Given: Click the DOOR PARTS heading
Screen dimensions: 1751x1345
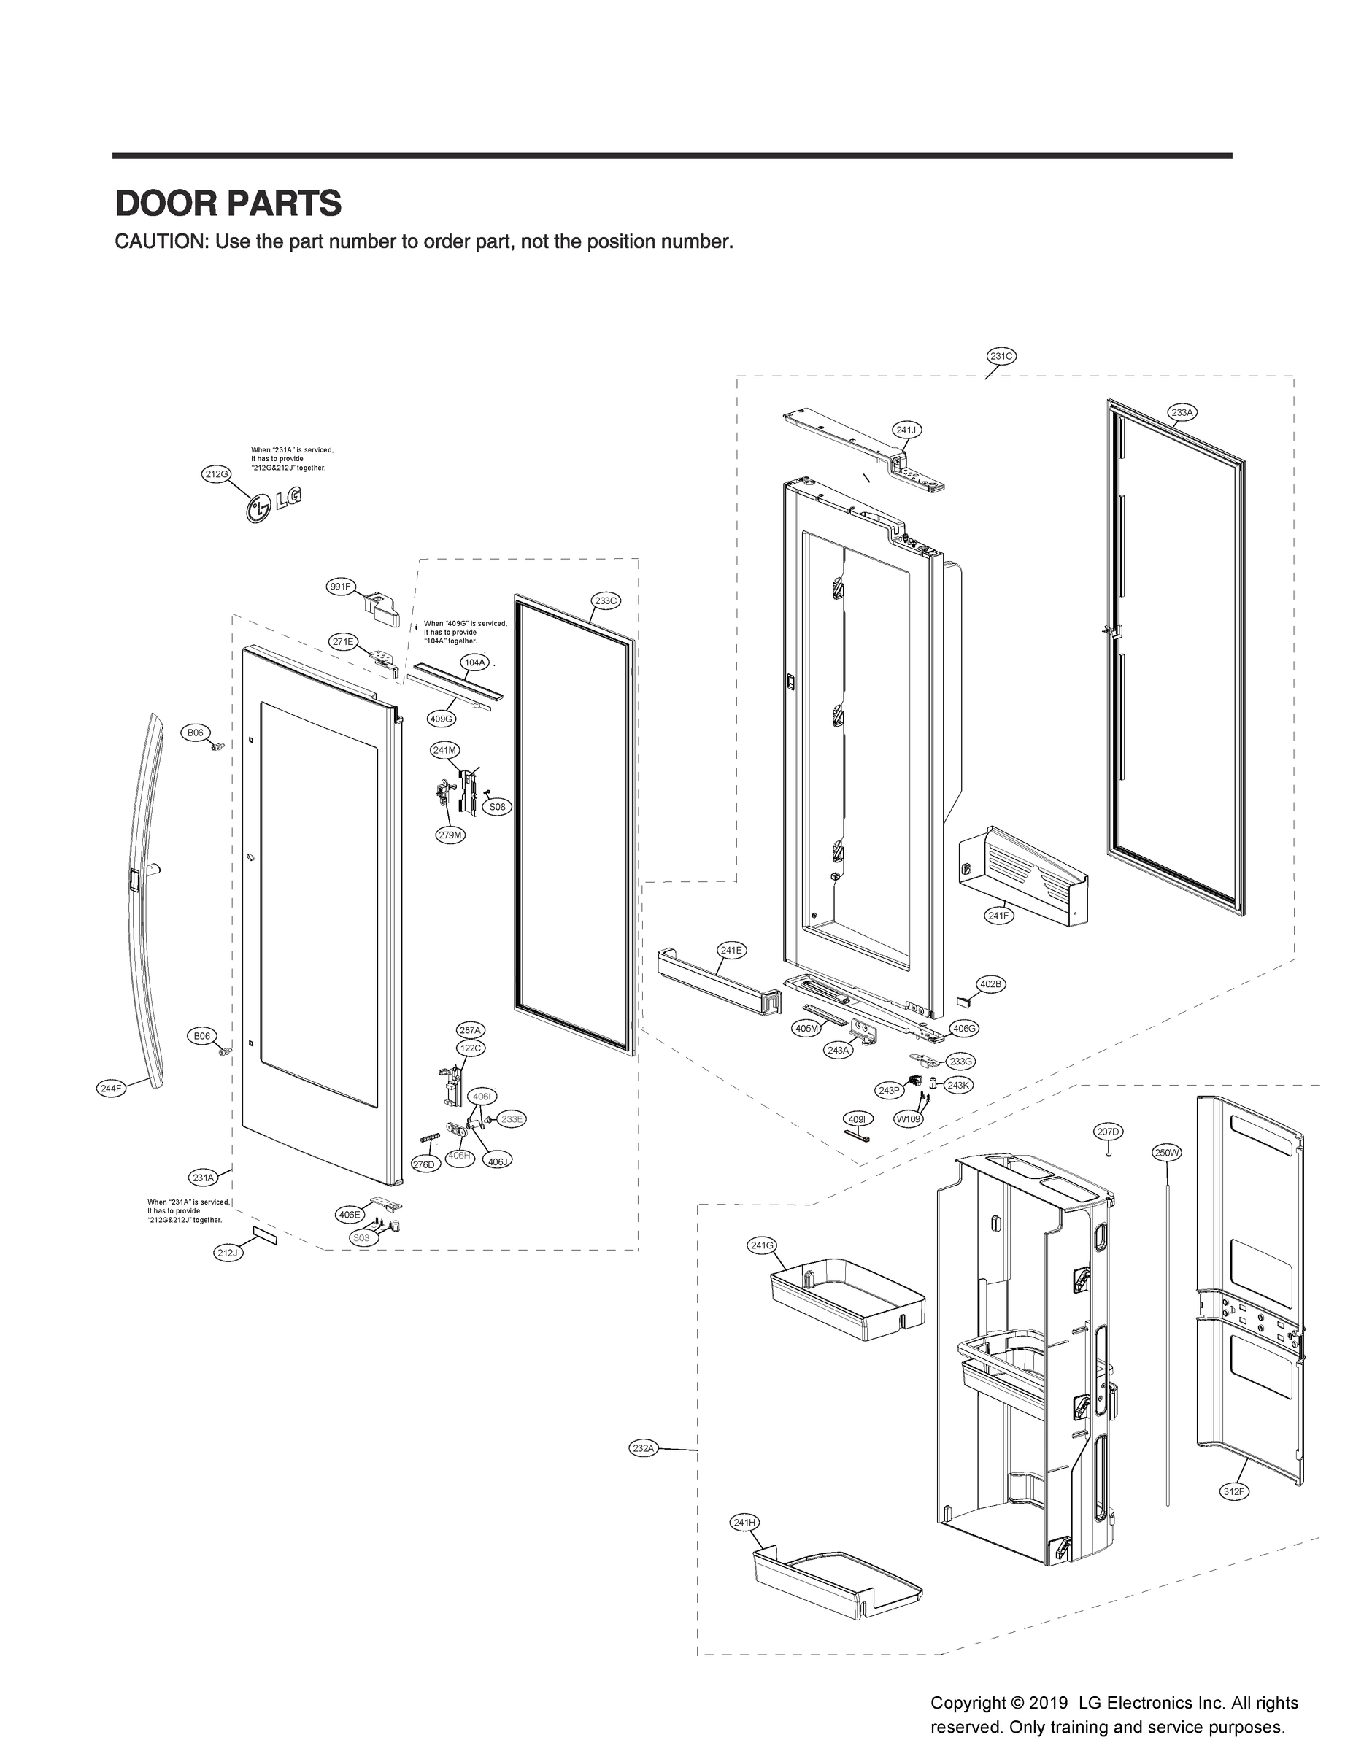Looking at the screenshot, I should pos(228,204).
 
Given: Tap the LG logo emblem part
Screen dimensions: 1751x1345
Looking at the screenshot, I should pos(273,505).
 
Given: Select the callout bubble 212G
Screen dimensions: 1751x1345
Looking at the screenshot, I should pos(215,473).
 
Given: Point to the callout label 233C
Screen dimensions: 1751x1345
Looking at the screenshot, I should pos(606,600).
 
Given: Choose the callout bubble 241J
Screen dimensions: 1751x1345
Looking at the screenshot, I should pos(906,430).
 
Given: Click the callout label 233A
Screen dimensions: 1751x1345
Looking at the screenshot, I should pos(1182,412).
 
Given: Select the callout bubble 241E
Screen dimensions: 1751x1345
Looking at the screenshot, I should pos(730,950).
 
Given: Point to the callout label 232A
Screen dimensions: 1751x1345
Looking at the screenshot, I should pos(644,1447).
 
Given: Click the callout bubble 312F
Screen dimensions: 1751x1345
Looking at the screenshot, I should pos(1233,1491).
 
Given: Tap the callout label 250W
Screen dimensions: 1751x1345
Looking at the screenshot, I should pos(1166,1153).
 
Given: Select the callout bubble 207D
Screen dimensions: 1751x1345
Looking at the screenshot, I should pos(1108,1131).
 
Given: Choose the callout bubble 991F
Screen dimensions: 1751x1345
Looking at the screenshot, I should pos(339,587).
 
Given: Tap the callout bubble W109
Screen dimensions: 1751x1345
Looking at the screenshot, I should pos(908,1118).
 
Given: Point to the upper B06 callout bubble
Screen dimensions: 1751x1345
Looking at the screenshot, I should pos(196,733).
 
